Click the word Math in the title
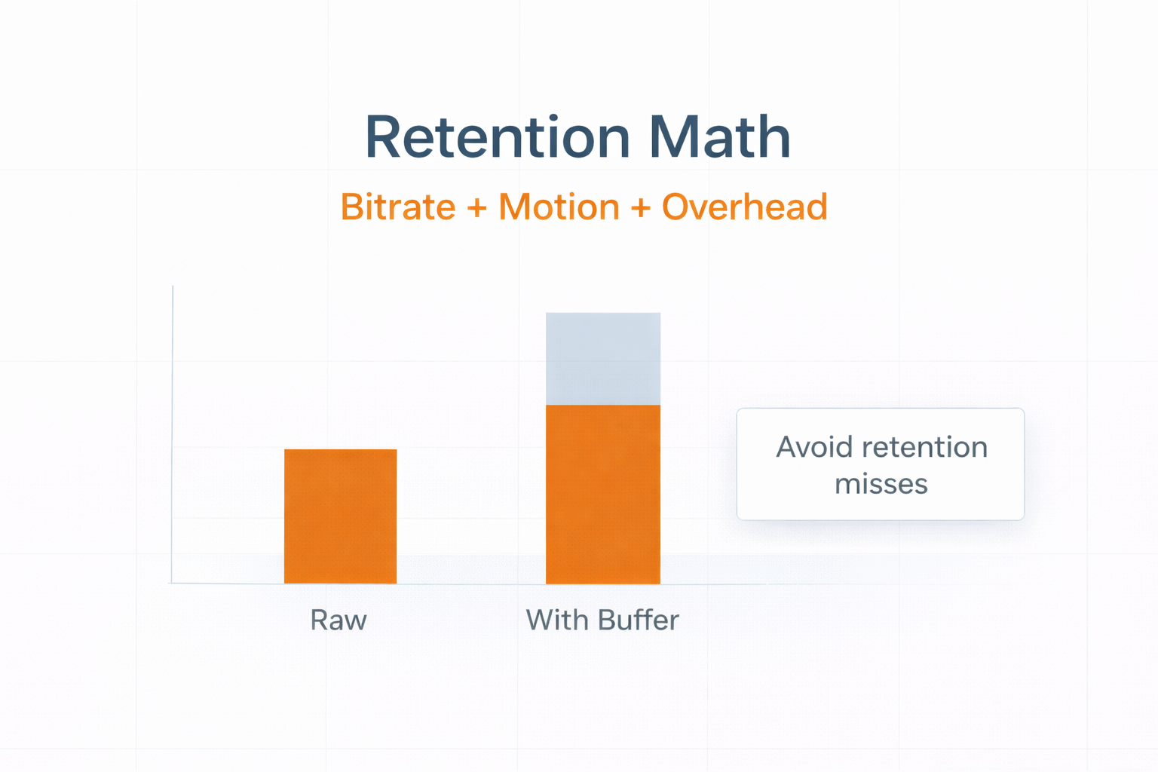click(x=719, y=137)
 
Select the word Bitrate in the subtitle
click(x=398, y=207)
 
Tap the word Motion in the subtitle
click(x=559, y=207)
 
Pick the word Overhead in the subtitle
click(x=744, y=207)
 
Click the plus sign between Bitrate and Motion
click(x=476, y=208)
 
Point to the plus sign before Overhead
click(x=641, y=208)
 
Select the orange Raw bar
click(x=340, y=516)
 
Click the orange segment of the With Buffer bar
click(x=603, y=495)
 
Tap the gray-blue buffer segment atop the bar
click(x=603, y=359)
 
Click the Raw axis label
click(x=339, y=620)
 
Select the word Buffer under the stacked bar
click(x=638, y=620)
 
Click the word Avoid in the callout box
click(x=814, y=447)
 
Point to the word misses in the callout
click(x=881, y=485)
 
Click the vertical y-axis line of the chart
click(x=172, y=434)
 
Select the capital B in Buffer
click(x=607, y=620)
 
